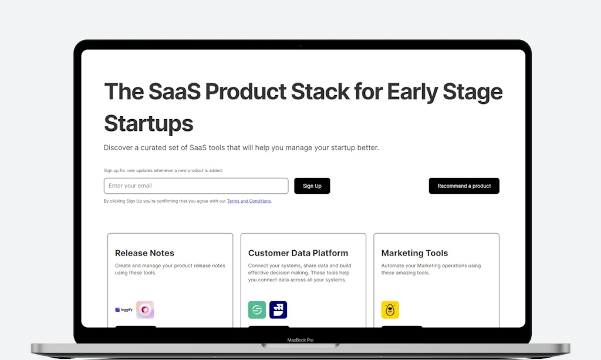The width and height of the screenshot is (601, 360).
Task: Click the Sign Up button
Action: [312, 186]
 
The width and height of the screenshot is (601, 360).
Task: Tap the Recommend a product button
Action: [464, 186]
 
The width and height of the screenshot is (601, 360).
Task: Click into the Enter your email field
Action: [196, 186]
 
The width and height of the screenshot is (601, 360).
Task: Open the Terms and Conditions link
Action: [249, 201]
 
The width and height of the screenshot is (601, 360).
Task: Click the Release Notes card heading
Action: [144, 253]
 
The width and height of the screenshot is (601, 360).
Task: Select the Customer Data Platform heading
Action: [298, 253]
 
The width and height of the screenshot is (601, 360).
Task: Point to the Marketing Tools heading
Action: [414, 253]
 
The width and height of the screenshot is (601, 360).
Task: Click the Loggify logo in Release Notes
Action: [124, 309]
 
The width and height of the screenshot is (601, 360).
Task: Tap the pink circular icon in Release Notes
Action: [145, 309]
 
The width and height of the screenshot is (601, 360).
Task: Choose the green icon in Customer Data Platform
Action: [257, 309]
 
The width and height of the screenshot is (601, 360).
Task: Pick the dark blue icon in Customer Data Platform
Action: [278, 309]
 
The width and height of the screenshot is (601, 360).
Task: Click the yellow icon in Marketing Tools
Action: [390, 309]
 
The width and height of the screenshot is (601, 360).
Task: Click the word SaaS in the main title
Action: [174, 92]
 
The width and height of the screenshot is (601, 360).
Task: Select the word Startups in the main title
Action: [148, 123]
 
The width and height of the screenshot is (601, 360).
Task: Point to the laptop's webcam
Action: [300, 45]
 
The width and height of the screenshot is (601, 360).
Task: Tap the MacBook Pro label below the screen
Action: [300, 340]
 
